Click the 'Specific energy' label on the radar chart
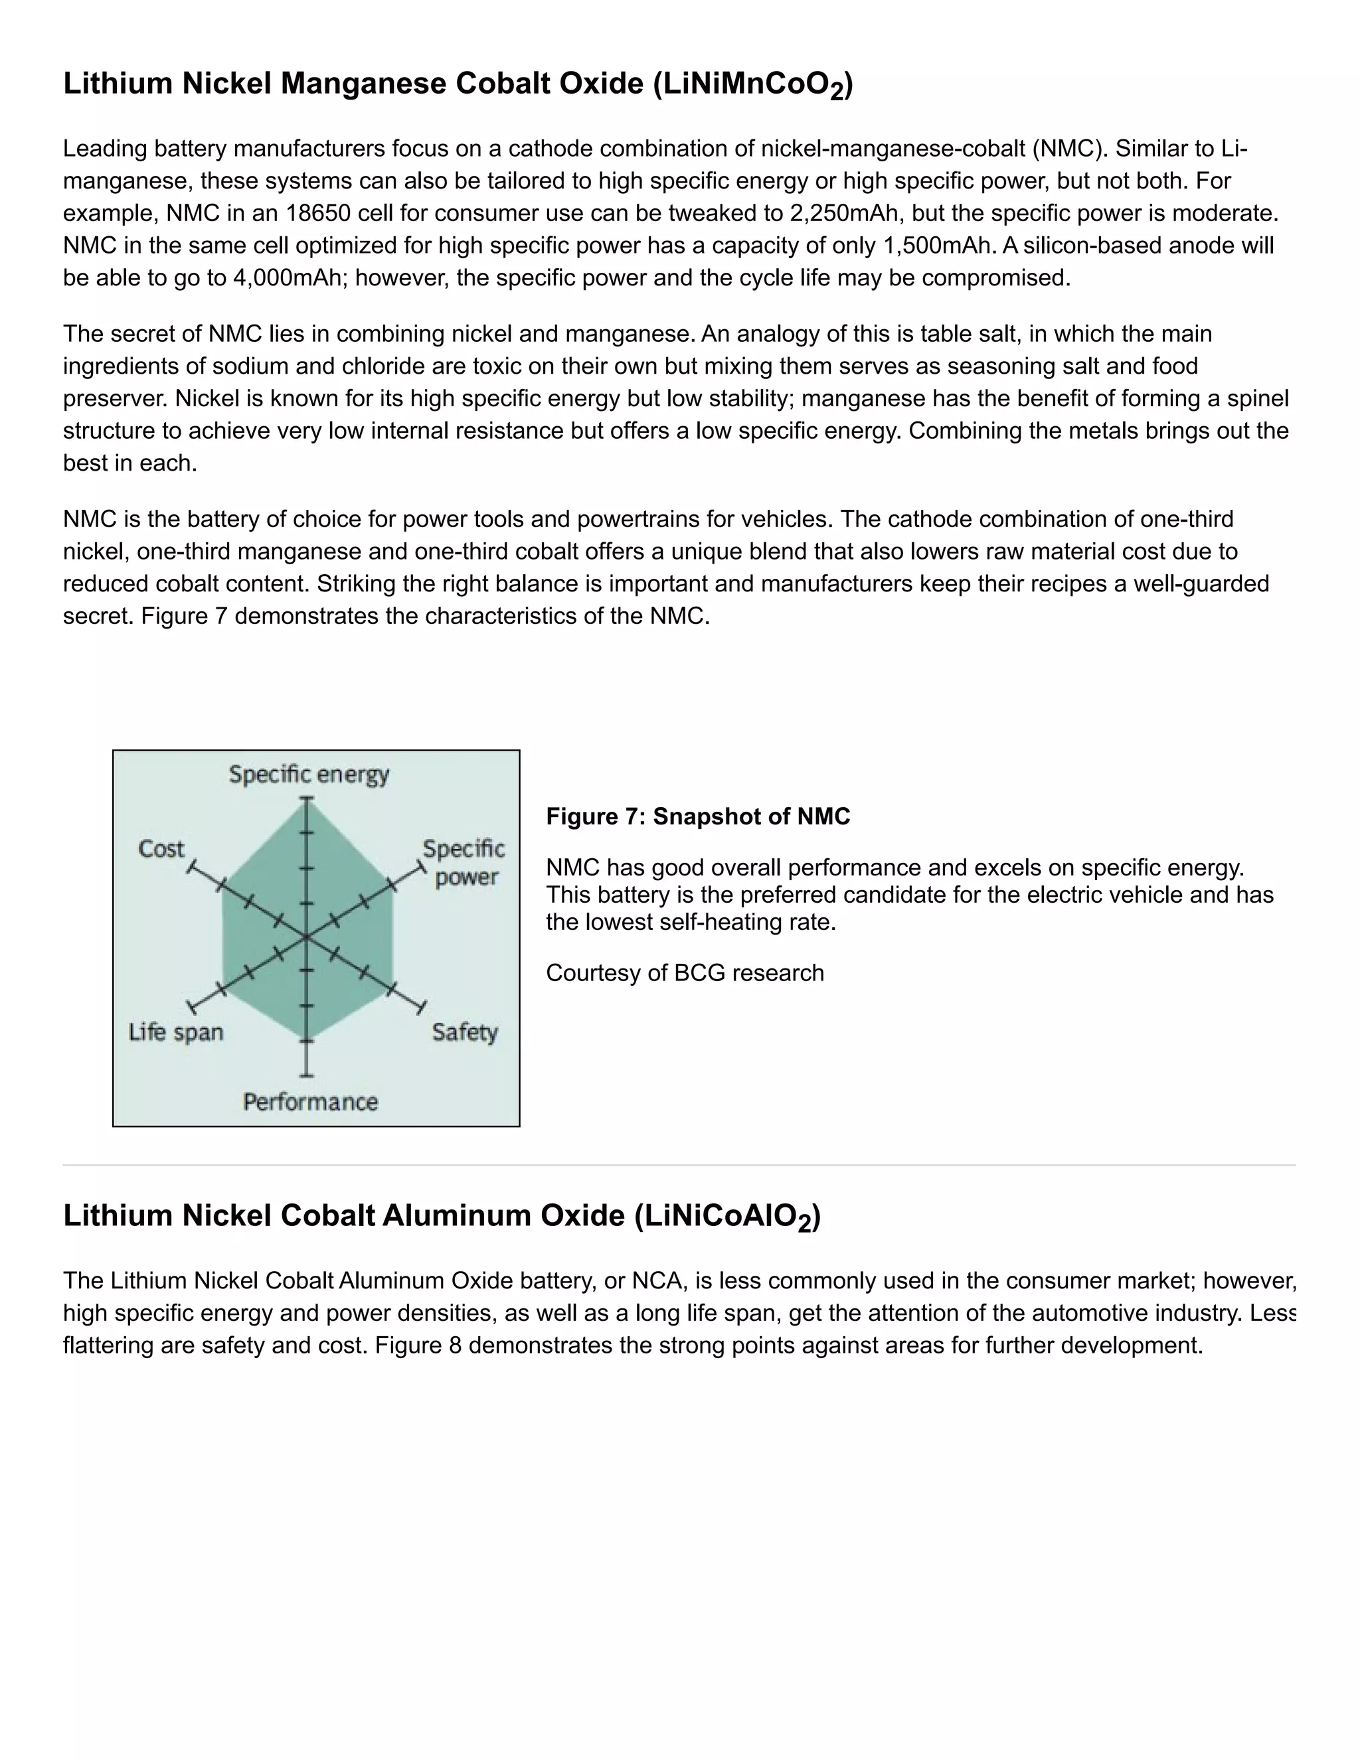click(x=309, y=775)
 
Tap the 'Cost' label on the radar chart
click(x=161, y=849)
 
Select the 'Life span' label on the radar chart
click(x=175, y=1033)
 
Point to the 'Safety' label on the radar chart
click(x=464, y=1033)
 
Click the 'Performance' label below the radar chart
click(x=310, y=1102)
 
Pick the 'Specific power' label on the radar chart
click(x=464, y=863)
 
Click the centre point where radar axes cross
click(x=306, y=937)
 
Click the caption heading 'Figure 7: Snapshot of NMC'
click(x=698, y=816)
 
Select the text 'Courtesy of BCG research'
click(x=685, y=973)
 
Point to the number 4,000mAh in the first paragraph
click(x=290, y=278)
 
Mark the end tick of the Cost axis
click(x=191, y=868)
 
